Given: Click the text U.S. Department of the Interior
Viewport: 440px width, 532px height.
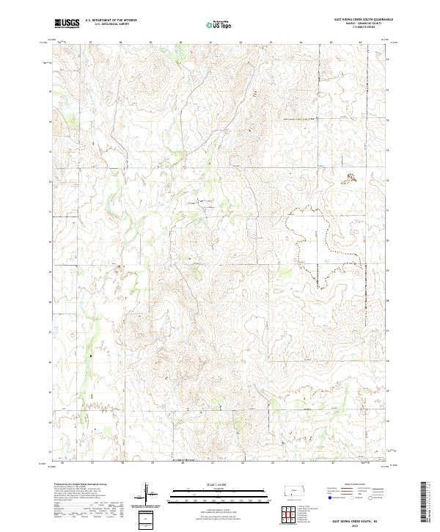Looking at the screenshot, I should click(111, 21).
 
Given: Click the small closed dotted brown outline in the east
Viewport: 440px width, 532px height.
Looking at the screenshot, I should click(351, 176).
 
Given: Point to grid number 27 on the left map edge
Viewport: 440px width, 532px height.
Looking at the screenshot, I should click(50, 332).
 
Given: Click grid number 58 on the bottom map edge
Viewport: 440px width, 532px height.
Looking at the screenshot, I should click(123, 464).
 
